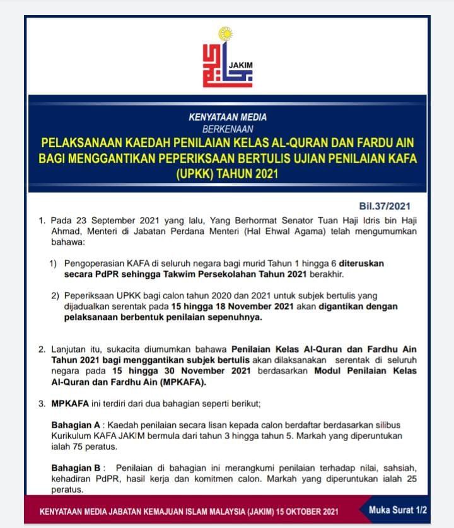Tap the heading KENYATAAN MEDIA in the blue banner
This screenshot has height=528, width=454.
(227, 117)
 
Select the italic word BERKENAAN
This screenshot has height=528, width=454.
(227, 129)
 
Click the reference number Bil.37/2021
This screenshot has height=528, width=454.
(384, 206)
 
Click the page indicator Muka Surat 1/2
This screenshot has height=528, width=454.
(398, 509)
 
